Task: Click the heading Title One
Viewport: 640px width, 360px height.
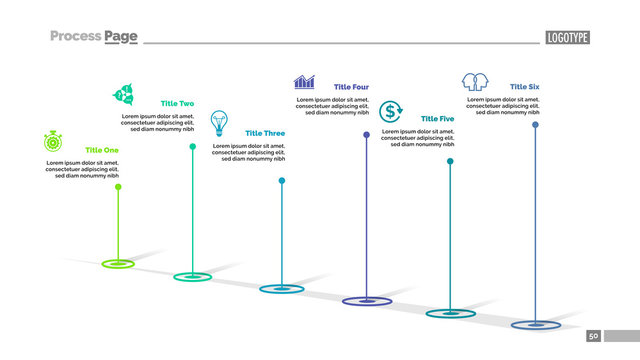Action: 102,150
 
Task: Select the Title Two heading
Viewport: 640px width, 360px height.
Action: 178,104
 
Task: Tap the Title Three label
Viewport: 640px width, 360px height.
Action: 265,133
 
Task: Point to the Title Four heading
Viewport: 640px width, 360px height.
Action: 351,87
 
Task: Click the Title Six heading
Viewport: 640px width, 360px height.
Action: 525,87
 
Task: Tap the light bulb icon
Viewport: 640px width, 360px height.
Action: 219,123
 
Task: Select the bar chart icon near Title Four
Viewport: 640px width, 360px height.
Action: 304,81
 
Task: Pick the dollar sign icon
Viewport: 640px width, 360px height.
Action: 390,110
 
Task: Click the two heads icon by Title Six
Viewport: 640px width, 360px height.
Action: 474,80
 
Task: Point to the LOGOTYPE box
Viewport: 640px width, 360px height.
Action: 567,38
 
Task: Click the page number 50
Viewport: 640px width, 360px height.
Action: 593,336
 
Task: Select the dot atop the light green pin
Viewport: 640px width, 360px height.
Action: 118,187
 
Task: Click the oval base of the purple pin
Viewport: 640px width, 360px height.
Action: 367,301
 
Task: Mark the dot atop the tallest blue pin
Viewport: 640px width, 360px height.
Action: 536,125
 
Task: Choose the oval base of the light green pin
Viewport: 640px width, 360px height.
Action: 118,264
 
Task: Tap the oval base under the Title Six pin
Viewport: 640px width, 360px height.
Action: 536,325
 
